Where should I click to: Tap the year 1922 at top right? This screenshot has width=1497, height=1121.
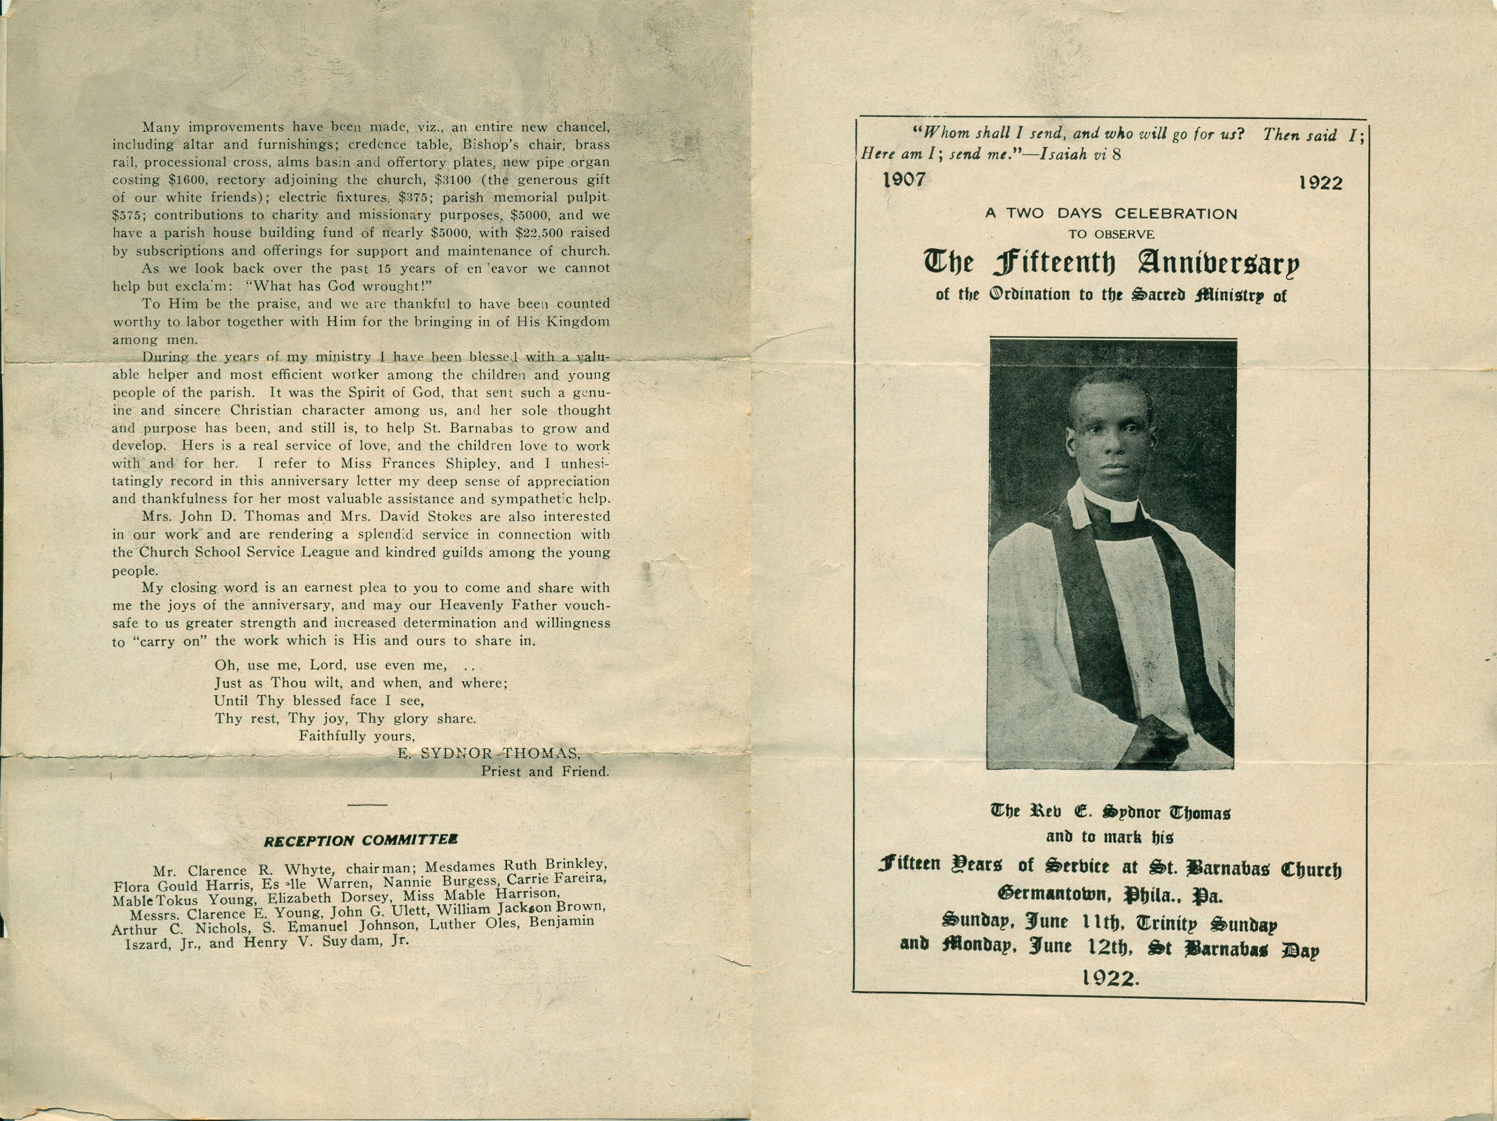click(1320, 183)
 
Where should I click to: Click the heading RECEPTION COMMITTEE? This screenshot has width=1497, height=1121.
click(360, 841)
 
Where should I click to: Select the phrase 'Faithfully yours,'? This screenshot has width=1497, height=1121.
click(356, 736)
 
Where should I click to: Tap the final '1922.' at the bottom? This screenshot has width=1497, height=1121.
click(1111, 977)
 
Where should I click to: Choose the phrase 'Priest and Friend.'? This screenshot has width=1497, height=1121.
click(545, 771)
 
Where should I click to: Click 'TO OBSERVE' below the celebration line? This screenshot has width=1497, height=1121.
click(1111, 234)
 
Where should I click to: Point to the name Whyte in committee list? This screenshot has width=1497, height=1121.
click(308, 870)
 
